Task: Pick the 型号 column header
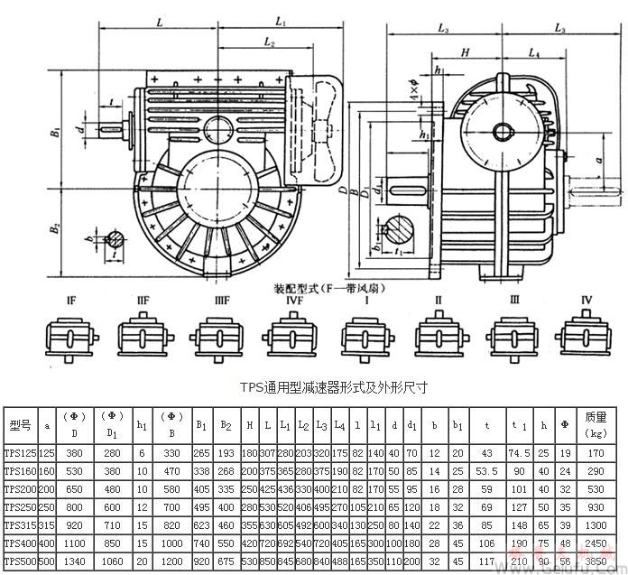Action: tap(19, 424)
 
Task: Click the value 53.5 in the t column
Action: tap(486, 469)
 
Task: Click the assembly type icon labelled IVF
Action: tap(282, 339)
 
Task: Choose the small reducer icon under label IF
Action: tap(67, 339)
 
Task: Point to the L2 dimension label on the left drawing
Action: tap(268, 42)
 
